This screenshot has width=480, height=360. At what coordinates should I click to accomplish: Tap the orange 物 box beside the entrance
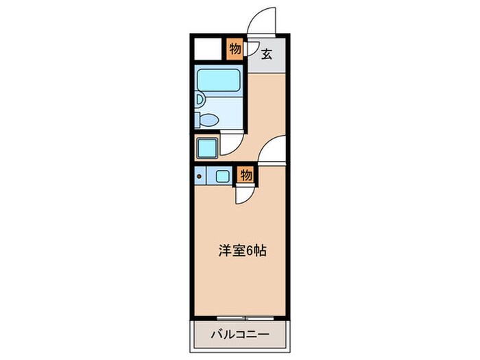235,49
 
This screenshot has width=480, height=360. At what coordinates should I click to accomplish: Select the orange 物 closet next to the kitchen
246,176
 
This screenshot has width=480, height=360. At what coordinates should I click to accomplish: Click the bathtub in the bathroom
217,82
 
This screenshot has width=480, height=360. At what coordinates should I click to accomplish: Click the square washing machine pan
206,147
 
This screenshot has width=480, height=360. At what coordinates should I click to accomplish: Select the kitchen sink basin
223,176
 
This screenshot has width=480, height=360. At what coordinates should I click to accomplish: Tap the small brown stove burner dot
200,177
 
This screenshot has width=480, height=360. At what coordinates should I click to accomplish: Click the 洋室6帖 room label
242,251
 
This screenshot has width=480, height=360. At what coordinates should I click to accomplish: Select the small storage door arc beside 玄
251,50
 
